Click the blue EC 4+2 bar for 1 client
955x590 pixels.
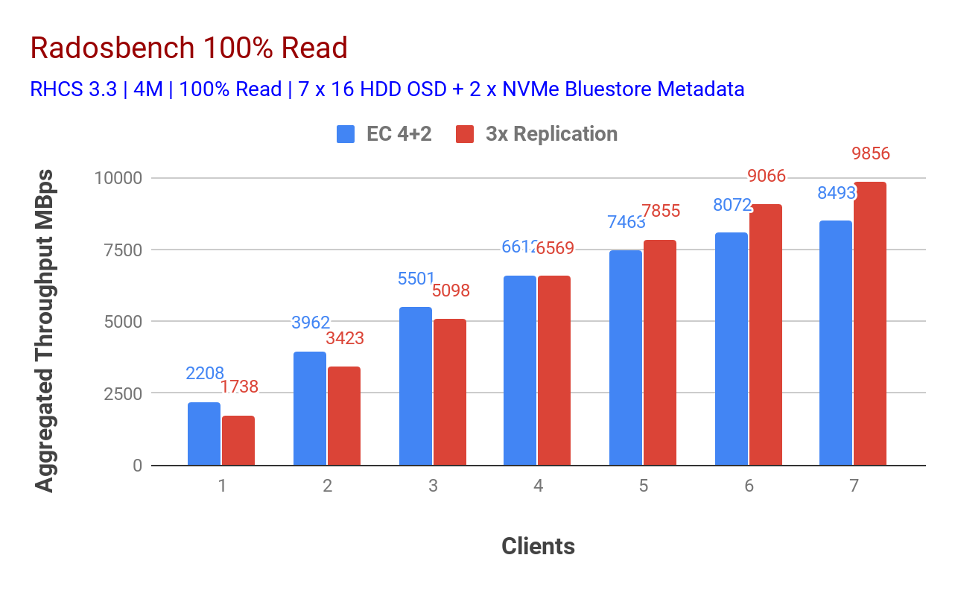pyautogui.click(x=203, y=434)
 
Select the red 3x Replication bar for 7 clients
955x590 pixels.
pyautogui.click(x=869, y=324)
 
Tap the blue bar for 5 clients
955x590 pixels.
pyautogui.click(x=625, y=358)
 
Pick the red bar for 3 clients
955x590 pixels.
pyautogui.click(x=449, y=392)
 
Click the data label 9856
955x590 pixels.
pyautogui.click(x=871, y=154)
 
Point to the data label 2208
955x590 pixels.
pyautogui.click(x=205, y=373)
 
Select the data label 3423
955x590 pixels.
pyautogui.click(x=344, y=338)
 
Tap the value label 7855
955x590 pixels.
pyautogui.click(x=661, y=211)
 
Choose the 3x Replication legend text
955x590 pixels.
pyautogui.click(x=551, y=134)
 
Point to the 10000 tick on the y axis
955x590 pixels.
pyautogui.click(x=117, y=178)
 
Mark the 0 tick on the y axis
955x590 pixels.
pyautogui.click(x=136, y=466)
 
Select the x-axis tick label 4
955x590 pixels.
pyautogui.click(x=538, y=486)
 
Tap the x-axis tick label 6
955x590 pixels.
pyautogui.click(x=749, y=486)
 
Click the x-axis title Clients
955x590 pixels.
pyautogui.click(x=538, y=546)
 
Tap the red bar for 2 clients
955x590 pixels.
pyautogui.click(x=343, y=416)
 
